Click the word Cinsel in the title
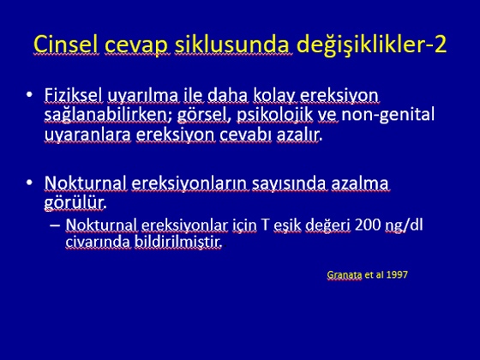pos(66,45)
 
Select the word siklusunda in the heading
pos(233,45)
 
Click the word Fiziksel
pos(73,95)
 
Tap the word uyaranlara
pos(87,135)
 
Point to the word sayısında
pos(290,184)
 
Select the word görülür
pos(75,202)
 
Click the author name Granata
pos(345,274)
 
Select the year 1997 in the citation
pos(397,274)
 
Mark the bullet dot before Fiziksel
pos(29,94)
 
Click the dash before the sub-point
pos(55,225)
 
